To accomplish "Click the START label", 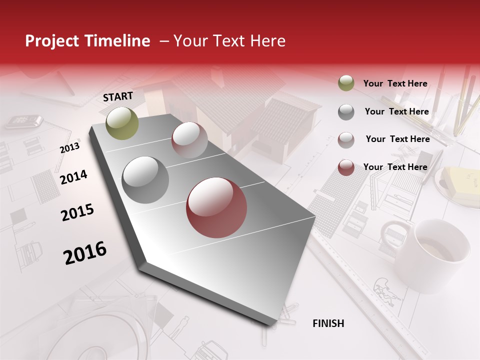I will click(118, 96).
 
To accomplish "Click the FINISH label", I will click(328, 323).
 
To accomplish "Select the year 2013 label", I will click(69, 148).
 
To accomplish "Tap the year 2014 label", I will click(73, 177).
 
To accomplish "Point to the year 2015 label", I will click(77, 212).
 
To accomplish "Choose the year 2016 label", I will click(85, 253).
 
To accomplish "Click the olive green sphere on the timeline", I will click(122, 123).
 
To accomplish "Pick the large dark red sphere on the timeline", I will click(216, 207).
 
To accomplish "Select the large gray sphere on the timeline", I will click(145, 179).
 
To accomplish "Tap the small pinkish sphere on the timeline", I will click(189, 140).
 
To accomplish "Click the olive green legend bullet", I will click(346, 83).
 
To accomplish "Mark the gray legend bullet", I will click(346, 112).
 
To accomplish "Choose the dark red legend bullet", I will click(346, 167).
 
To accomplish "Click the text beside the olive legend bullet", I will click(395, 83).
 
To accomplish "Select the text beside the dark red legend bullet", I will click(395, 167).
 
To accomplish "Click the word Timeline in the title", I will click(118, 41).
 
